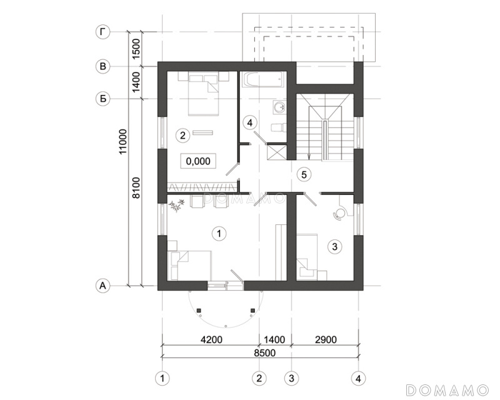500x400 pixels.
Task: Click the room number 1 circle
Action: [219, 234]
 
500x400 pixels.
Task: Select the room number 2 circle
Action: [182, 136]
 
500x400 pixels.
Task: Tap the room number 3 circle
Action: [334, 247]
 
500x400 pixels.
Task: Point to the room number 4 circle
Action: [249, 122]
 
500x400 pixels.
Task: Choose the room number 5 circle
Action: [304, 174]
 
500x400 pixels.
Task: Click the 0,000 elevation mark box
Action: [198, 161]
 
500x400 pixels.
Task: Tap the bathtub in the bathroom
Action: [262, 79]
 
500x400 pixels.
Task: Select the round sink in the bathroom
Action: [280, 107]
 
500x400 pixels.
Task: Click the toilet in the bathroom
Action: [278, 128]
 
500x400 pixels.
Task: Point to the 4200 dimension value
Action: [211, 339]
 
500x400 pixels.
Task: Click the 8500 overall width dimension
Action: [264, 352]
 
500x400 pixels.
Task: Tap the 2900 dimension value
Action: [326, 339]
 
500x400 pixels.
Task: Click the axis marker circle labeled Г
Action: [102, 32]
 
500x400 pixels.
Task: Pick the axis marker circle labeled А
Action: [102, 286]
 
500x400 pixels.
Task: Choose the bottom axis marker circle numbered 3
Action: [291, 379]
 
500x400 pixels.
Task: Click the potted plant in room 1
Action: [176, 205]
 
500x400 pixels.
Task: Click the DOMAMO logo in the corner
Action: [447, 390]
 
